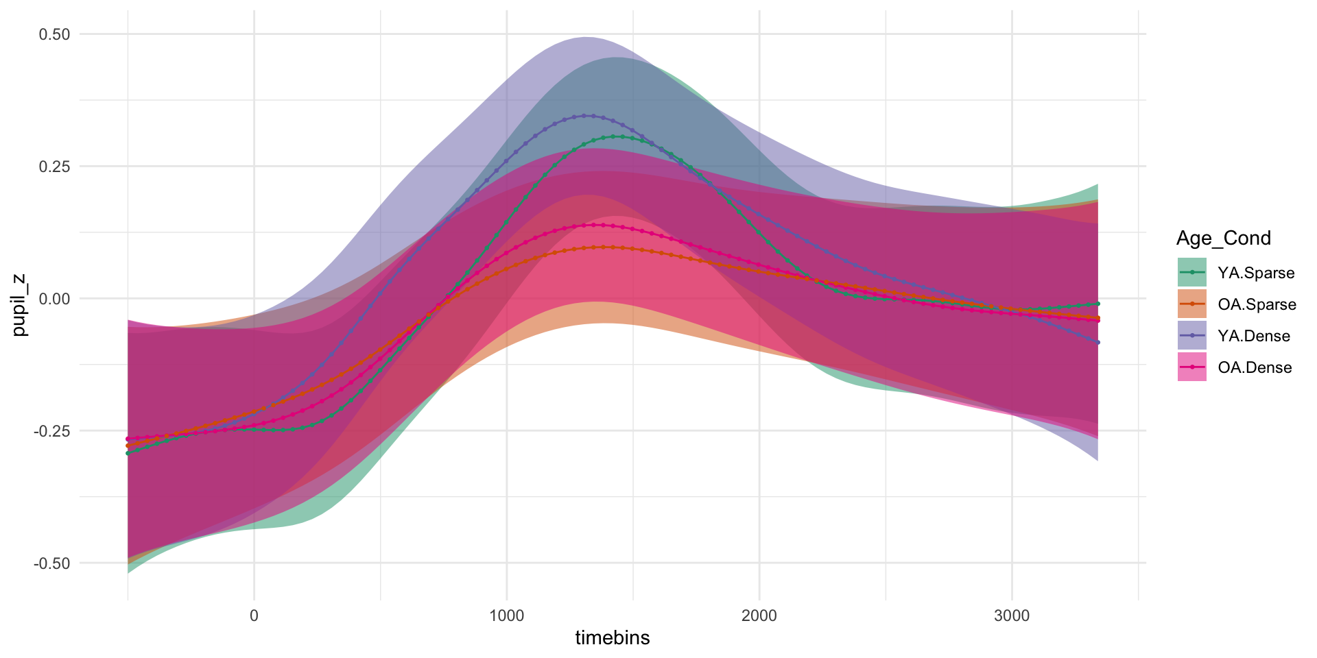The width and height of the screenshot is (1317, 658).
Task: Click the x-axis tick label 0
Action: click(254, 616)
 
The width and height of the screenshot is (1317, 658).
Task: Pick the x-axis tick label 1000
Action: click(506, 616)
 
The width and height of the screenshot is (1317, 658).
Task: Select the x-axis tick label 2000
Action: click(759, 616)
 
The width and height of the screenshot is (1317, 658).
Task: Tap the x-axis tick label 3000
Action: click(1012, 616)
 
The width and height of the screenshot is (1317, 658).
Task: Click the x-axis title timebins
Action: click(612, 638)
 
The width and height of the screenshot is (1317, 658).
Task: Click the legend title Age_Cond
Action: click(1223, 238)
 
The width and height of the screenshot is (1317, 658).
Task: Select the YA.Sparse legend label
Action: click(1256, 273)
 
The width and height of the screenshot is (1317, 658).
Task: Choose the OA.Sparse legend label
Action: click(1257, 304)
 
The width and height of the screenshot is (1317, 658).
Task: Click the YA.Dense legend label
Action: click(1254, 336)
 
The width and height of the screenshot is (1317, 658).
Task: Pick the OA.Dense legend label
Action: click(1255, 367)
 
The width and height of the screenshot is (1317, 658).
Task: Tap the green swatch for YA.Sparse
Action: click(1191, 272)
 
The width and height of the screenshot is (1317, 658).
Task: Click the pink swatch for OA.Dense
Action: click(1191, 367)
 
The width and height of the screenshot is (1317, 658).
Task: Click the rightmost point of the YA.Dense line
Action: click(1098, 342)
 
